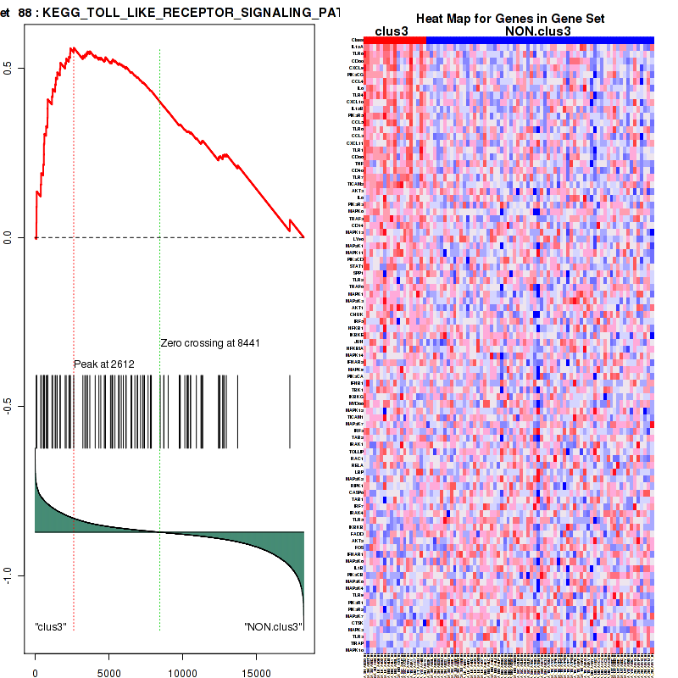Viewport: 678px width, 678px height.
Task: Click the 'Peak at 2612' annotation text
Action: point(104,364)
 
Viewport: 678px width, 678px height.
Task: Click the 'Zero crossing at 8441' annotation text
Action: point(209,343)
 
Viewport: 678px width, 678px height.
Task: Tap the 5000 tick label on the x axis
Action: point(108,673)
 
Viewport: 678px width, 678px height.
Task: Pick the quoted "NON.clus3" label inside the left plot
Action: point(272,627)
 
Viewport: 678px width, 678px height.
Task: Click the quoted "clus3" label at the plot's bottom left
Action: point(51,627)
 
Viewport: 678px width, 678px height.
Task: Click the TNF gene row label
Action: point(358,164)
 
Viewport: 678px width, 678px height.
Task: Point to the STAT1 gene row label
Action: point(357,266)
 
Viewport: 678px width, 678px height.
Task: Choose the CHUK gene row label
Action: point(357,314)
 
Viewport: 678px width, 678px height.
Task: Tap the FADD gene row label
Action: point(357,534)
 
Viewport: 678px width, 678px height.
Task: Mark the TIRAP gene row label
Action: point(357,643)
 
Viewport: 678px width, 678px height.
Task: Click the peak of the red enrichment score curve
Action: point(73,48)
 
